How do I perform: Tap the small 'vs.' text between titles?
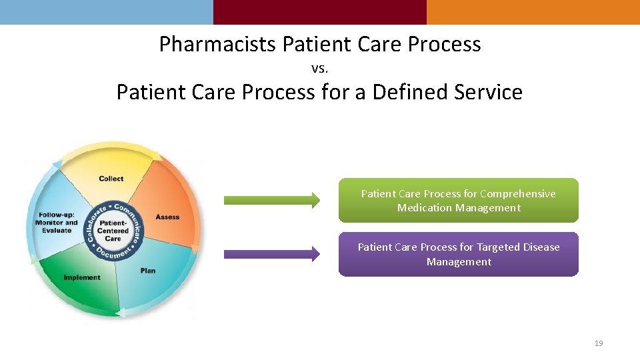click(320, 68)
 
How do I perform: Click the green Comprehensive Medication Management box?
click(458, 200)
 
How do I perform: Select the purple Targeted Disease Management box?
click(458, 254)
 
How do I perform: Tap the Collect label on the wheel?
click(111, 179)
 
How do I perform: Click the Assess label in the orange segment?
click(167, 217)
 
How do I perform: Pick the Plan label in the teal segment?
click(148, 271)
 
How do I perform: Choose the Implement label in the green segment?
click(82, 277)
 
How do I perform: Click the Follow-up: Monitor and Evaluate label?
click(57, 223)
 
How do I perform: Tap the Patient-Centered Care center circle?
click(113, 230)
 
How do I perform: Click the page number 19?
click(598, 343)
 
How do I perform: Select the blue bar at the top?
click(107, 12)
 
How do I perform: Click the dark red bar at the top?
click(320, 12)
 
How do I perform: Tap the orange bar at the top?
click(533, 12)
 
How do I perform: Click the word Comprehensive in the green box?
click(517, 194)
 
